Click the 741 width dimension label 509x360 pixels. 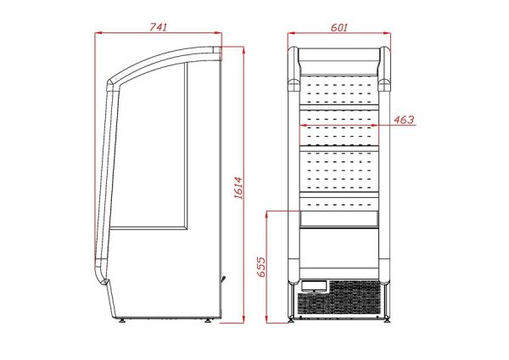click(x=158, y=27)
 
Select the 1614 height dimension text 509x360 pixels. click(x=238, y=188)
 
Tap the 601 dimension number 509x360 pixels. click(x=339, y=27)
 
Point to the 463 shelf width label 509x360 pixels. click(x=404, y=120)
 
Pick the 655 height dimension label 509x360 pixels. click(x=261, y=267)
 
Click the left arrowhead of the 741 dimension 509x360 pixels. click(x=98, y=32)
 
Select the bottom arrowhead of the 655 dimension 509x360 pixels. click(x=267, y=319)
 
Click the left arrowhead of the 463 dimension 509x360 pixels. click(x=303, y=125)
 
